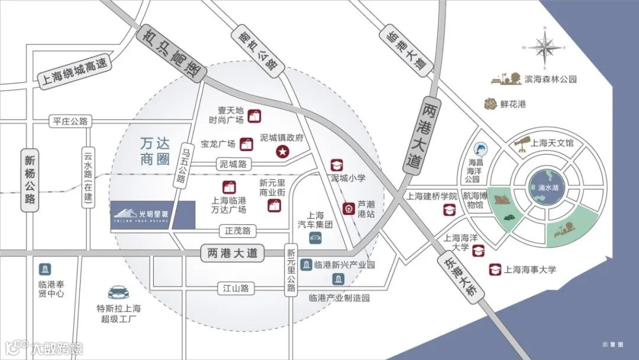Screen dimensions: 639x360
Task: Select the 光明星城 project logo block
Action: (x=153, y=215)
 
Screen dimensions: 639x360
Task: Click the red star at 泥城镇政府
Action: (x=283, y=152)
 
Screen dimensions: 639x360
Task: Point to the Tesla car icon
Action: (x=119, y=291)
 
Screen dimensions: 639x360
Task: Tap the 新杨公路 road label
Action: (x=30, y=178)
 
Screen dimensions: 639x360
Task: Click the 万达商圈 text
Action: (x=147, y=151)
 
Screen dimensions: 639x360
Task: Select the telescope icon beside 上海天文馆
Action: (x=521, y=142)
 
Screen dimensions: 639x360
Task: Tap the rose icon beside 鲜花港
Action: (x=490, y=104)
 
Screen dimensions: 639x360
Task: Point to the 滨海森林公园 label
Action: (x=551, y=79)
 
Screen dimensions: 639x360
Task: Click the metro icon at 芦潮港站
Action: (x=348, y=208)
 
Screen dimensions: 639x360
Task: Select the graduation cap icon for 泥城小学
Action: (x=337, y=164)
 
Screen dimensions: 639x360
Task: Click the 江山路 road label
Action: (x=235, y=288)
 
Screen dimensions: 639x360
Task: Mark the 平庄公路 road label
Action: (x=70, y=121)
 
